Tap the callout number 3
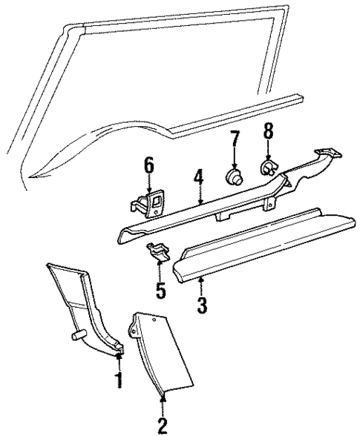tap(201, 305)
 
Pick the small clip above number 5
tap(157, 252)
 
